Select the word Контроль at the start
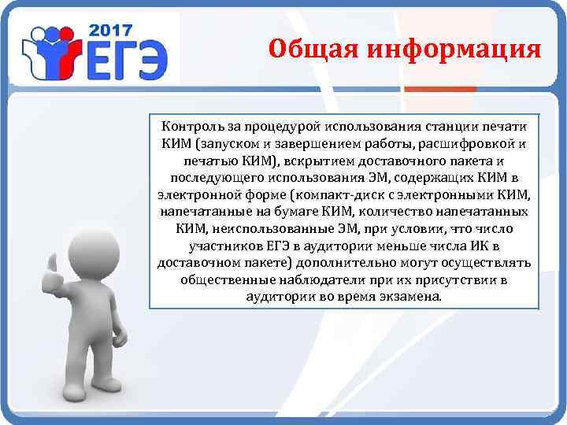point(189,126)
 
